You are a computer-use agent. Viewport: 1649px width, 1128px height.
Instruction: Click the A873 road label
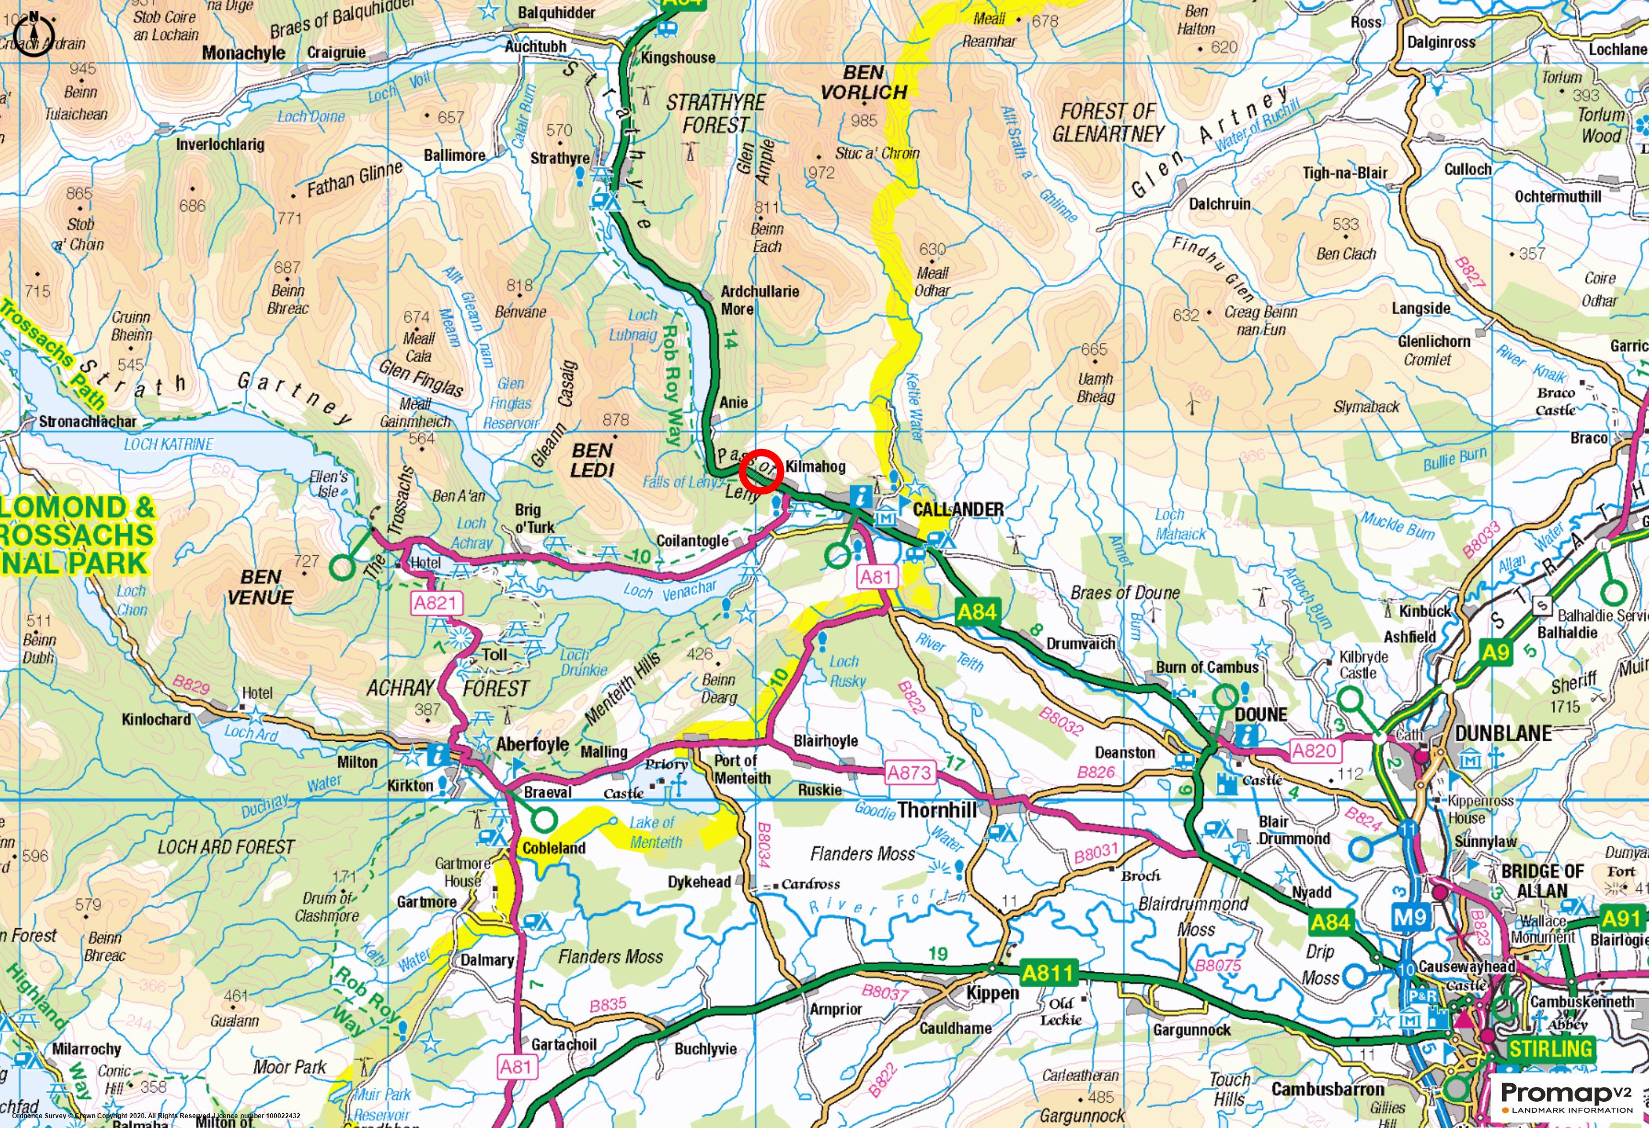[x=909, y=772]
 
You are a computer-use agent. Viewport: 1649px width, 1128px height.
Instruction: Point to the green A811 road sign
[x=1048, y=972]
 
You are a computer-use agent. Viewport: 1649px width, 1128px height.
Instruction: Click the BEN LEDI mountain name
[x=592, y=460]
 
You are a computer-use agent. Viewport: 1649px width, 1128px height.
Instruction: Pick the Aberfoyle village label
[x=532, y=744]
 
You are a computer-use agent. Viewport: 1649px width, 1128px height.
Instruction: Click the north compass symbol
[x=34, y=34]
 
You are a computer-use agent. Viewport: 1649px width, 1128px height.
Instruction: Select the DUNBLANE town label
[x=1503, y=733]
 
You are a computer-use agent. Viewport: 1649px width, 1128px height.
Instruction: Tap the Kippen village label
[x=992, y=993]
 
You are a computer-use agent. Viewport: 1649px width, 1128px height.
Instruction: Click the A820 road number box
[x=1314, y=751]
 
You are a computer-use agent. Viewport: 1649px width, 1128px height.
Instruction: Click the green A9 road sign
[x=1496, y=652]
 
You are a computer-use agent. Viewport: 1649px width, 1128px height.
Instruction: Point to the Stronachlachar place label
[x=87, y=422]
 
